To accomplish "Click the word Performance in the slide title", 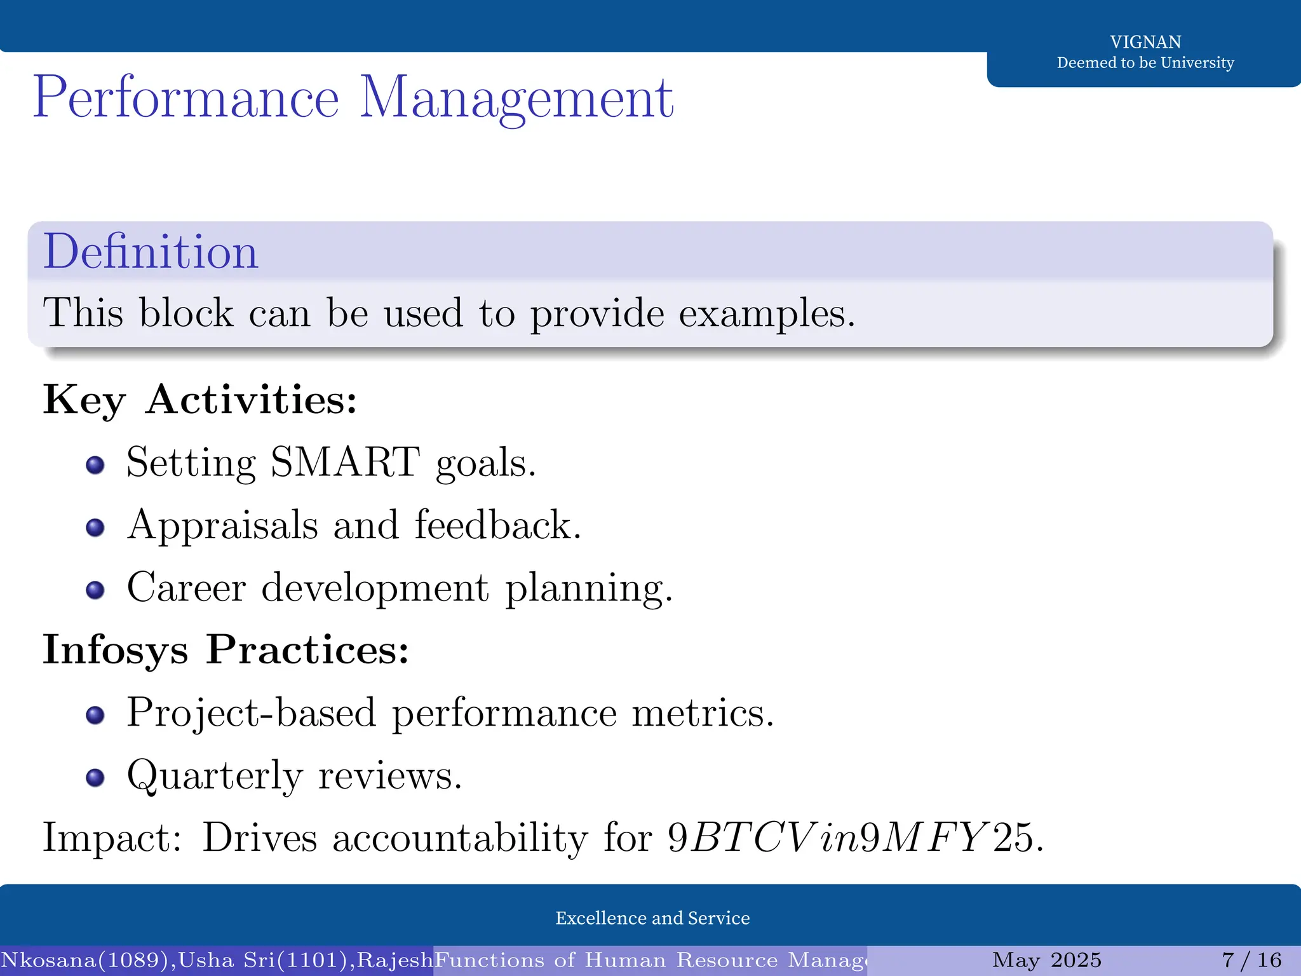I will click(x=185, y=98).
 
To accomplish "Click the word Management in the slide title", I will click(x=516, y=98).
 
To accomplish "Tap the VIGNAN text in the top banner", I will click(x=1145, y=42).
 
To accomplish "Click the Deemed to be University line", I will click(x=1145, y=63).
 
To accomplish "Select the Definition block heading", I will click(x=151, y=252).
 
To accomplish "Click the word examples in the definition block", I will click(x=766, y=314).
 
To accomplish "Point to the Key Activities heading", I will click(x=199, y=400).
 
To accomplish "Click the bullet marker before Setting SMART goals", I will click(x=95, y=465).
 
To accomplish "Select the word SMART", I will click(x=345, y=462).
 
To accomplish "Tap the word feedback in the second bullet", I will click(x=497, y=525).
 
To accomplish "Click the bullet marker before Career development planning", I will click(x=95, y=590).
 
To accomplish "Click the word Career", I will click(x=186, y=587).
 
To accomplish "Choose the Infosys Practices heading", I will click(x=226, y=650).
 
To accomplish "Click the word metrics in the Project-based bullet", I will click(x=703, y=713).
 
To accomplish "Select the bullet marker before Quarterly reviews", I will click(x=95, y=778).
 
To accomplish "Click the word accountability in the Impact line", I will click(x=460, y=837).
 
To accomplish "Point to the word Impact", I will click(x=112, y=837).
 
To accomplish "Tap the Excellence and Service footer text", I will click(x=652, y=918).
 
